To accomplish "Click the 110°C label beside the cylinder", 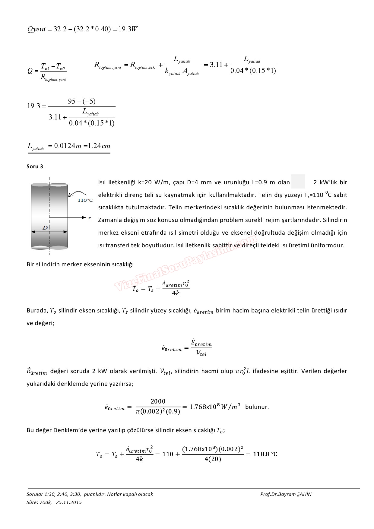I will point(85,200).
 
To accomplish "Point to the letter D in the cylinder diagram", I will point(45,228).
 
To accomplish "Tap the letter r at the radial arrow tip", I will point(89,218).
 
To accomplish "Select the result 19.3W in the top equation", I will point(128,29).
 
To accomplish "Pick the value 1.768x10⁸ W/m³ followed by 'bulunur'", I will point(215,407).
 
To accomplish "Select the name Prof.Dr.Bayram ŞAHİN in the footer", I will point(286,494).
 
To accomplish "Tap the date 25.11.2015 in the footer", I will point(69,502).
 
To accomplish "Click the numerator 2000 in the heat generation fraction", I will point(158,401).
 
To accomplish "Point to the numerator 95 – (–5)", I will point(82,102).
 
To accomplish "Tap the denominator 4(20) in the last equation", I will point(213,459).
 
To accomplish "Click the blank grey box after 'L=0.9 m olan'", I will point(298,182).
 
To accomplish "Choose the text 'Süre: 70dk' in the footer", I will point(39,502).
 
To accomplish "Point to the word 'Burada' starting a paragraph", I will point(36,311).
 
